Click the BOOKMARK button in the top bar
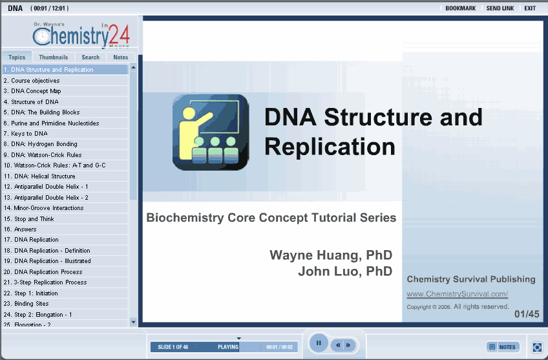coord(460,8)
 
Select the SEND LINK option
coord(500,8)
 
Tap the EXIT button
coord(530,8)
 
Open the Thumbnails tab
coord(54,58)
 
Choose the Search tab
coord(90,58)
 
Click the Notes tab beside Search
coord(121,58)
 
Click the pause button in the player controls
coord(319,343)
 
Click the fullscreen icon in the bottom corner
coord(537,347)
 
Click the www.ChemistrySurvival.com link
coord(457,294)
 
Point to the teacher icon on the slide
coord(211,132)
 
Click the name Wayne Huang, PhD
coord(331,255)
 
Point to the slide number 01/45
coord(527,314)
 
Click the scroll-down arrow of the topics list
coord(133,322)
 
